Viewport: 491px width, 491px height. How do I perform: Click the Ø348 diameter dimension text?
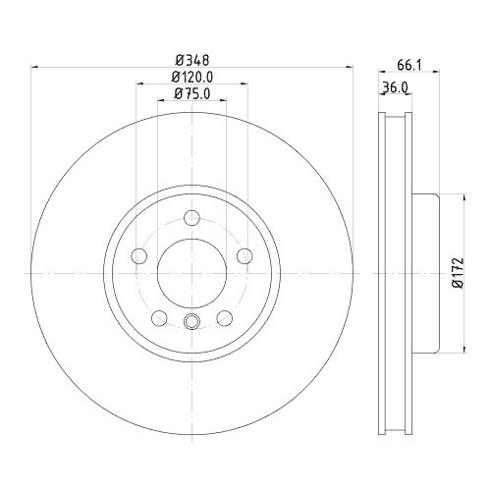(x=191, y=58)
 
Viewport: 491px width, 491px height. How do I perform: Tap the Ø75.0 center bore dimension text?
(x=192, y=93)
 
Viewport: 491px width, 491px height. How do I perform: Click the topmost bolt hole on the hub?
(x=191, y=218)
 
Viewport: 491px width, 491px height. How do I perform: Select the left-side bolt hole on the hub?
(x=138, y=256)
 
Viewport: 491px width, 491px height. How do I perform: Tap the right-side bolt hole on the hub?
(x=245, y=256)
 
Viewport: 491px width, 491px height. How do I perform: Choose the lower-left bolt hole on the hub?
(x=158, y=317)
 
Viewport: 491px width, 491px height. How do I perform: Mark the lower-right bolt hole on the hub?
(x=225, y=317)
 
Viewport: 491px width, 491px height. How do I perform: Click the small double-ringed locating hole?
(x=191, y=322)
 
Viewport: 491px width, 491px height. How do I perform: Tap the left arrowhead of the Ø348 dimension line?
(x=37, y=67)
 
